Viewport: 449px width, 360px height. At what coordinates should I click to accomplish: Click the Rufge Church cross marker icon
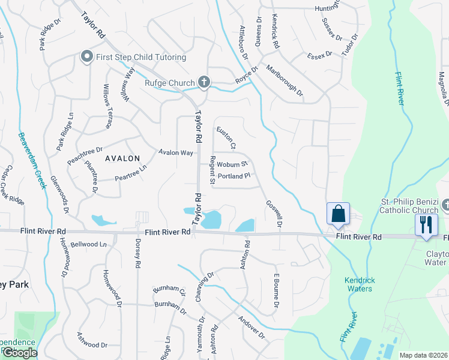(204, 83)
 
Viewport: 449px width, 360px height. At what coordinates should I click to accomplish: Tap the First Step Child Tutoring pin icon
(86, 57)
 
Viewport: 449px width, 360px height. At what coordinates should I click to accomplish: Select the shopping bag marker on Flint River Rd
(338, 214)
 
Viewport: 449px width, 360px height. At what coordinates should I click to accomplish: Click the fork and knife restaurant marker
(426, 224)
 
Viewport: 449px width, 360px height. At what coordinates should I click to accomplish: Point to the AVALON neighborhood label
(122, 158)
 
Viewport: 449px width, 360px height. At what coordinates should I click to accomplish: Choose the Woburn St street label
(232, 164)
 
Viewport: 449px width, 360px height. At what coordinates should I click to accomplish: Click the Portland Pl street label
(234, 176)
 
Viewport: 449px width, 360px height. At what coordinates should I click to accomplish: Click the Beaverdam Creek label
(32, 160)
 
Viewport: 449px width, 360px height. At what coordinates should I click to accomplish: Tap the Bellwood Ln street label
(88, 245)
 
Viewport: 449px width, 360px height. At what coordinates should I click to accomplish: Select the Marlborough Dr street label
(285, 81)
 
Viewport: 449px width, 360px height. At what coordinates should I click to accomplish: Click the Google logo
(19, 353)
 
